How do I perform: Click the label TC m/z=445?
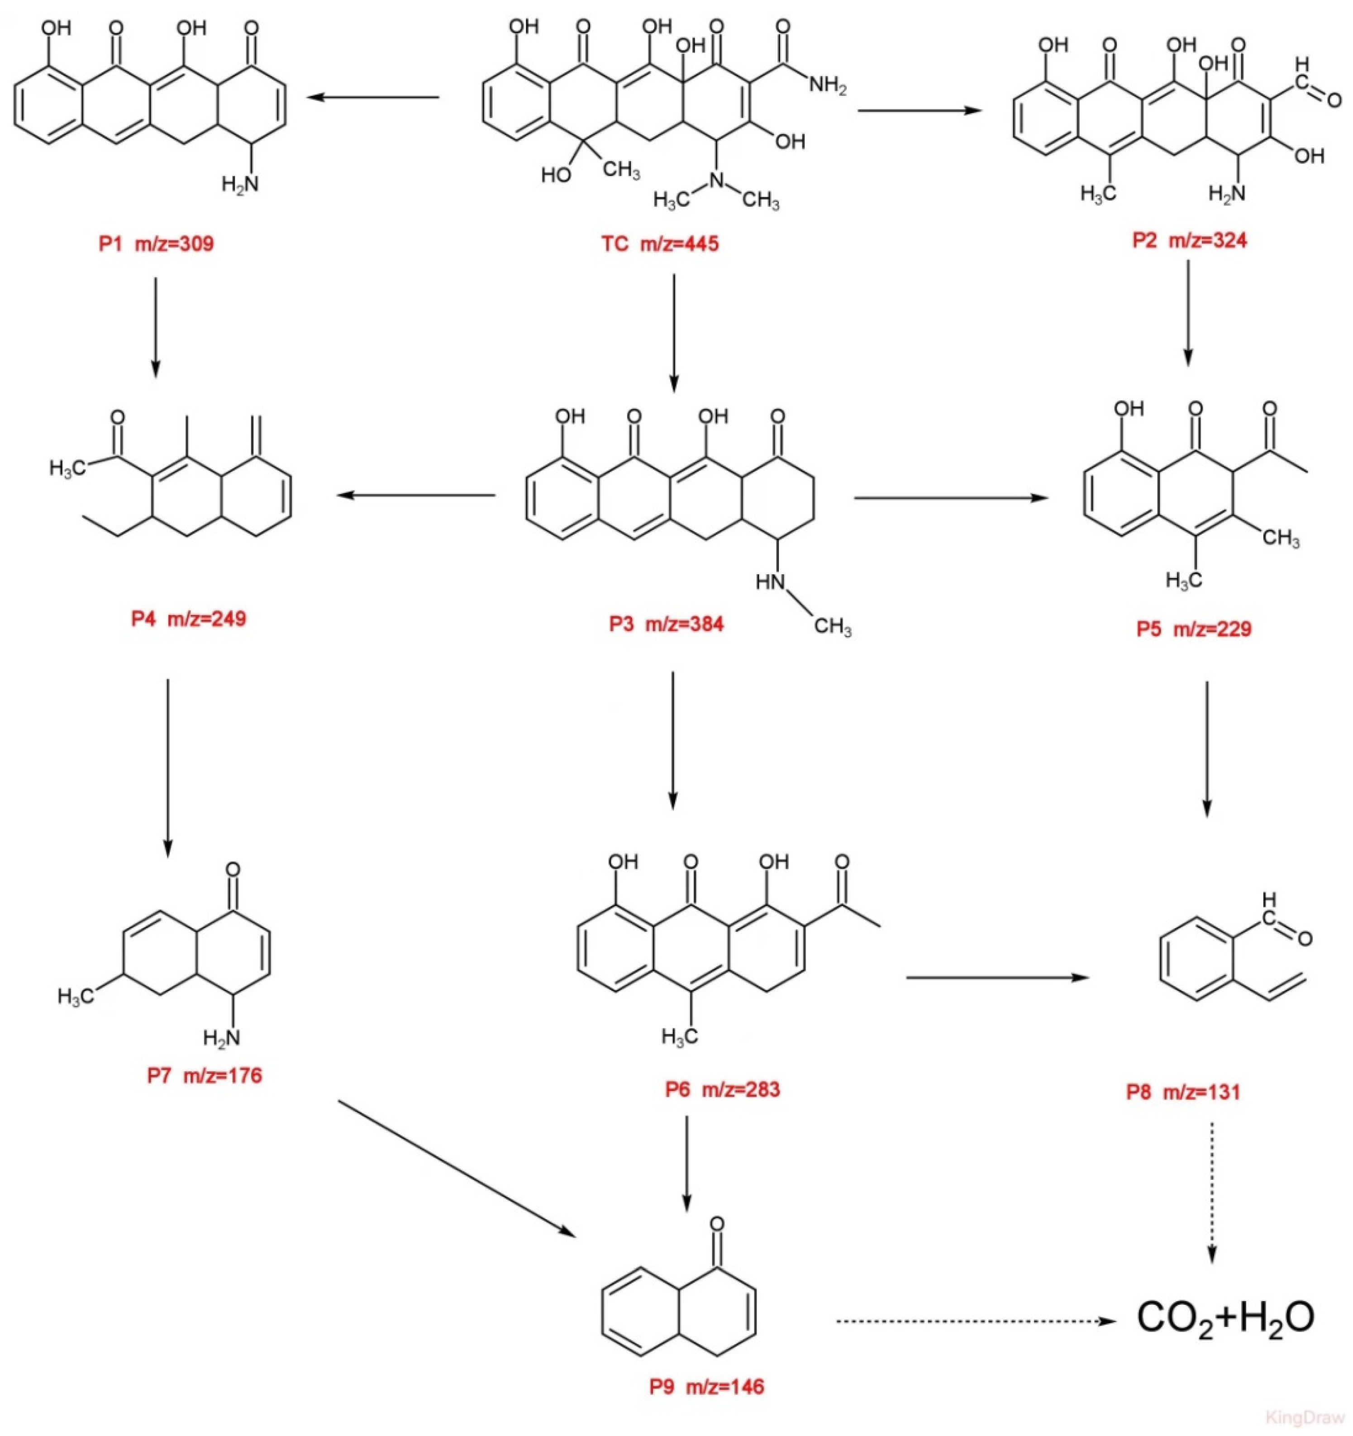[659, 244]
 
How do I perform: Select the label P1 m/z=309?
[156, 244]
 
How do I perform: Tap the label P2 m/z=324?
[1189, 240]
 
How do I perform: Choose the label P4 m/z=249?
[189, 619]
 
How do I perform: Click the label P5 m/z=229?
[1193, 629]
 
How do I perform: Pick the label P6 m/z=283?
[722, 1089]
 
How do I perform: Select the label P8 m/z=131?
[1183, 1092]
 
